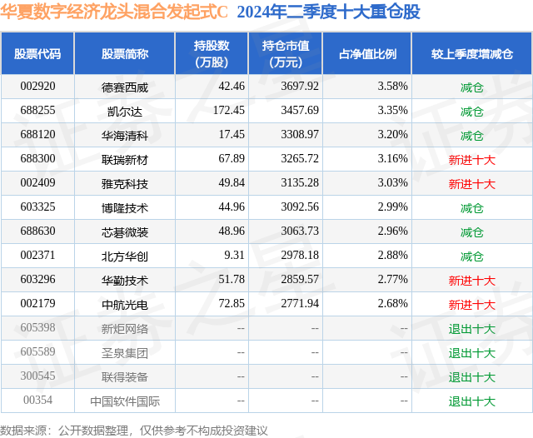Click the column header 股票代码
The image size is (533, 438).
[37, 54]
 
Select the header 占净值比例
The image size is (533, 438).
[367, 54]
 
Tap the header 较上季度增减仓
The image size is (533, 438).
[471, 54]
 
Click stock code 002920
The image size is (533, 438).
[38, 86]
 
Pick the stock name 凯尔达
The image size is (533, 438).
[125, 110]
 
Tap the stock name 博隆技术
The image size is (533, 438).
[125, 207]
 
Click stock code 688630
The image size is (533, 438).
[38, 231]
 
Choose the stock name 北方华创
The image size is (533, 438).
[125, 256]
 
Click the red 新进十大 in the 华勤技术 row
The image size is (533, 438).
[471, 281]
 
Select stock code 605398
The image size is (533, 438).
[38, 328]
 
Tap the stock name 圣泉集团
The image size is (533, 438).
[125, 352]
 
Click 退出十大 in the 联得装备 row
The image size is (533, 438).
[471, 376]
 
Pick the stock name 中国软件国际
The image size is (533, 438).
[125, 401]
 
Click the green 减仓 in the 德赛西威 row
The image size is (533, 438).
[471, 86]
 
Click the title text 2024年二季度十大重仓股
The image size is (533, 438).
[328, 12]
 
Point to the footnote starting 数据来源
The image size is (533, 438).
[134, 430]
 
